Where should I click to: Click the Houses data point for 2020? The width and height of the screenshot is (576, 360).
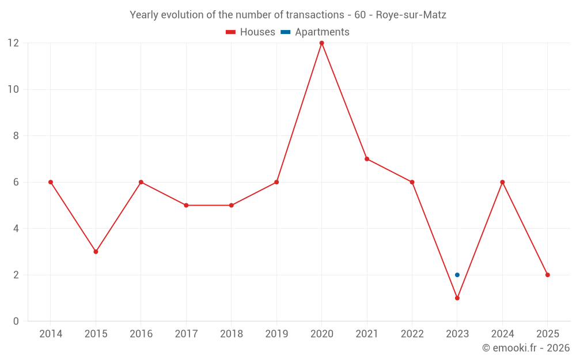click(x=321, y=43)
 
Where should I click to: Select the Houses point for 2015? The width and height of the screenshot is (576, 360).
click(x=96, y=252)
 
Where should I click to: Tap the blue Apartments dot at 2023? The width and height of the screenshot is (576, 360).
click(x=457, y=275)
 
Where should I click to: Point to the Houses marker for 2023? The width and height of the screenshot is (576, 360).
click(x=457, y=298)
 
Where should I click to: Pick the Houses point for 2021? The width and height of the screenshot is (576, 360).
click(x=367, y=159)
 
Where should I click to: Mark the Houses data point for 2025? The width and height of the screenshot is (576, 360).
click(x=547, y=275)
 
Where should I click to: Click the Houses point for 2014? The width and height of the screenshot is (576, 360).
click(x=51, y=182)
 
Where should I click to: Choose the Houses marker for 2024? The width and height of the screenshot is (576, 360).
click(x=502, y=182)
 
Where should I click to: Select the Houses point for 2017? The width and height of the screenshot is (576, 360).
click(x=186, y=205)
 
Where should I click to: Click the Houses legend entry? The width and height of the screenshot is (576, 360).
click(x=251, y=32)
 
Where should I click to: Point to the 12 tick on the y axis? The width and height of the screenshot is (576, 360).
click(x=13, y=43)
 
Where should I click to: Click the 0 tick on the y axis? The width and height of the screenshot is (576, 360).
click(x=16, y=321)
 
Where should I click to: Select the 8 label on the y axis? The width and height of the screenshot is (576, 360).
click(x=16, y=136)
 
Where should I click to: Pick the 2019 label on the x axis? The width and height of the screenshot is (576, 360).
click(x=276, y=334)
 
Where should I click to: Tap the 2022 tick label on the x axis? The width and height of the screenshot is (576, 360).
click(x=412, y=334)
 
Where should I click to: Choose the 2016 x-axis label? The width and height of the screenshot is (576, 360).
click(x=141, y=334)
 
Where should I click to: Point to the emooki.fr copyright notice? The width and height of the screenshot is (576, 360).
click(x=526, y=348)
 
